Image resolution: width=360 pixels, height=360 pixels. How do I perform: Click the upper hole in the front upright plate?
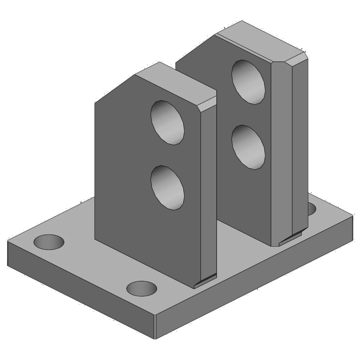tap(168, 122)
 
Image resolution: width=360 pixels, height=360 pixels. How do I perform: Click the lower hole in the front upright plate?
tap(168, 188)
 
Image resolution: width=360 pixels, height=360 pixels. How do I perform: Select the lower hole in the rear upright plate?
tap(248, 147)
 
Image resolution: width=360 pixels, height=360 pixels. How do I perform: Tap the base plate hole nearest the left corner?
tap(49, 242)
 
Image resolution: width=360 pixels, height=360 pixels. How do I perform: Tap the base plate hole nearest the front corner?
tap(142, 288)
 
